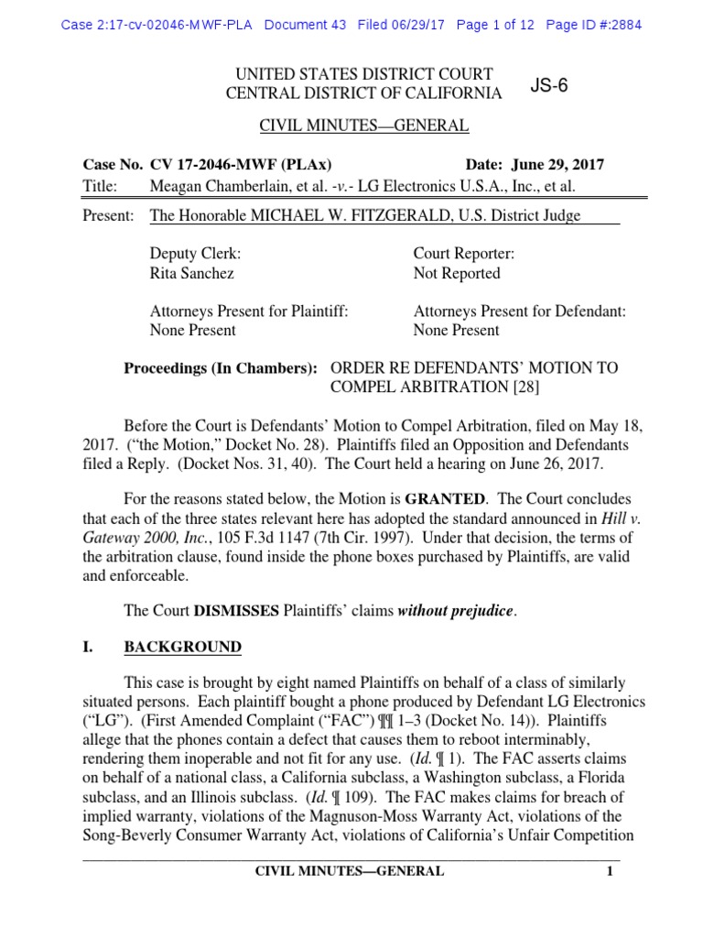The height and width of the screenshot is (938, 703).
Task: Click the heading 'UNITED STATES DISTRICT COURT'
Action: [363, 73]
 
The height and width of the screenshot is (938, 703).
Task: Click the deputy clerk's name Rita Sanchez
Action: [191, 273]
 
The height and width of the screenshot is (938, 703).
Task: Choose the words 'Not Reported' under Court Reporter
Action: [457, 273]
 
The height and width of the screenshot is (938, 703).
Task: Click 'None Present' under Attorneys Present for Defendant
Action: [456, 330]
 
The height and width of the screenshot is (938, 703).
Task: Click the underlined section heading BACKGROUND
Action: [182, 648]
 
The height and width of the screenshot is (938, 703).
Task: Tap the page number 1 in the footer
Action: [608, 871]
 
